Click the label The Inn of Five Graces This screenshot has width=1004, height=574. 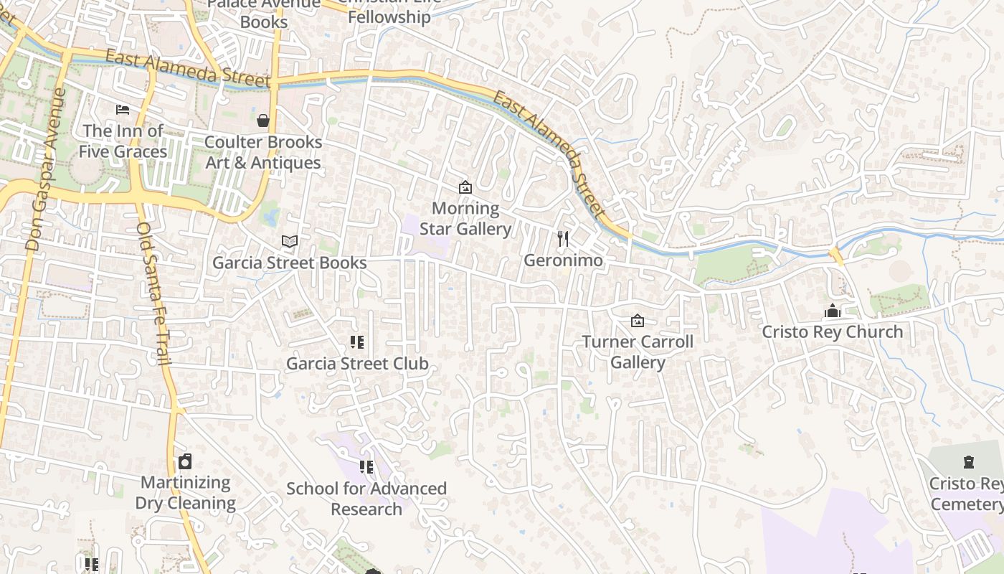coord(123,141)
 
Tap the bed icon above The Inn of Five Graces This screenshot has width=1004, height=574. coord(123,110)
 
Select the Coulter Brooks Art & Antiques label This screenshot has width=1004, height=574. coord(263,152)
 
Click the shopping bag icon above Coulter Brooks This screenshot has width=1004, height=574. coord(263,121)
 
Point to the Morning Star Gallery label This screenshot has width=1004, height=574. coord(465,219)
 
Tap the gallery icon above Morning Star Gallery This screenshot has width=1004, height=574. coord(465,187)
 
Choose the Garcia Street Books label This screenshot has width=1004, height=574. coord(290,263)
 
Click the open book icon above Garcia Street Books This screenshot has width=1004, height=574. coord(290,242)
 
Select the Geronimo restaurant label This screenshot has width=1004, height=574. coord(563,260)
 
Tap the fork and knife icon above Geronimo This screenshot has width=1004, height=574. coord(563,239)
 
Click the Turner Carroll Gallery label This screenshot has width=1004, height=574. coord(638,352)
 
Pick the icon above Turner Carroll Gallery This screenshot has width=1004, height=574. coord(638,321)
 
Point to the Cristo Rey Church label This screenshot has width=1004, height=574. coord(832,332)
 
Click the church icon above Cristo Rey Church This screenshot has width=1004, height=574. coord(832,311)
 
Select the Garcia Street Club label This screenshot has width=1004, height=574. coord(357,364)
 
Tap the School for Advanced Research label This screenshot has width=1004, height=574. coord(366,499)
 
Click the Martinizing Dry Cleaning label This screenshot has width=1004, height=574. coord(186,492)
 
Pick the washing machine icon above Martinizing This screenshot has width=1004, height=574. coord(186,461)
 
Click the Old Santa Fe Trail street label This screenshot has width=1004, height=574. coord(154,294)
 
